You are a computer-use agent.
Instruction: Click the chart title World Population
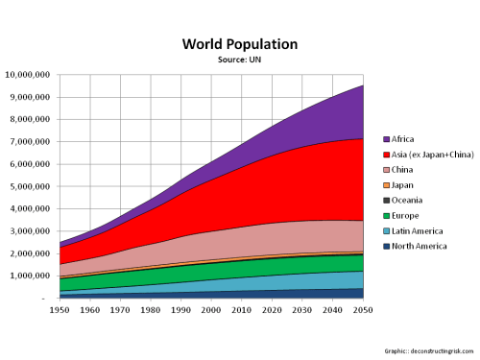click(x=240, y=44)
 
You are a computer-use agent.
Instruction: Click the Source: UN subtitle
click(x=240, y=60)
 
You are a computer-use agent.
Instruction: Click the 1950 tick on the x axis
click(x=60, y=311)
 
